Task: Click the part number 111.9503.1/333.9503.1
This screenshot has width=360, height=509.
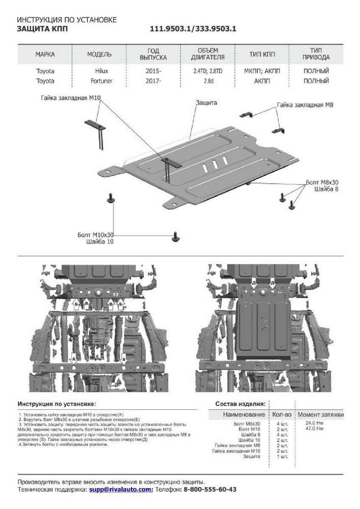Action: [193, 29]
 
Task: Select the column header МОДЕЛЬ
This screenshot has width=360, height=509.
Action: [99, 54]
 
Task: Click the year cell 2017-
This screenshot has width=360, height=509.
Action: [153, 81]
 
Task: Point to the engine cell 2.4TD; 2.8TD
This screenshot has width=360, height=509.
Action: [208, 71]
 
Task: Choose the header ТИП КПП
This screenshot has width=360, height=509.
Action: [262, 54]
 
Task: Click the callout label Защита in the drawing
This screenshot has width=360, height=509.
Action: [206, 103]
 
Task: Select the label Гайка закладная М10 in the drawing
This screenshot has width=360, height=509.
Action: [70, 98]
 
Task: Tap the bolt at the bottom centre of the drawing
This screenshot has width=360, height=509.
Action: [175, 237]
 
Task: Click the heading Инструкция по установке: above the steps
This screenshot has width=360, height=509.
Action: [57, 404]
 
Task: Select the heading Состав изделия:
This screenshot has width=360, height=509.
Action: [241, 404]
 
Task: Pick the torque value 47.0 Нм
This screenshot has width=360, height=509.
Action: [314, 429]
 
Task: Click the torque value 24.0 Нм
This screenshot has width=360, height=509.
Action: [314, 423]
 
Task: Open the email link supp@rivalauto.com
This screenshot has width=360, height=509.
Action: [120, 489]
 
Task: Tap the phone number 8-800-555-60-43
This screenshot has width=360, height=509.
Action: [210, 489]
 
